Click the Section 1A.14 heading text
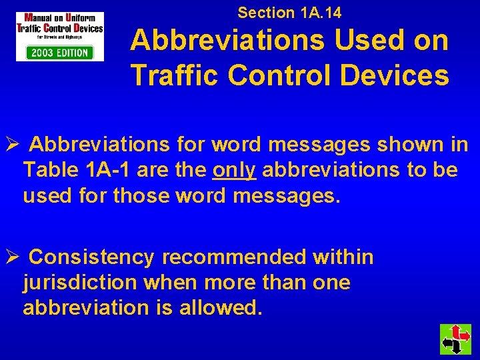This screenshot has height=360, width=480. pos(289,12)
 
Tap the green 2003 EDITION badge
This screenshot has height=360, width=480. pos(60,53)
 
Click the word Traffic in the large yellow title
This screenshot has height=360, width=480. pos(174,75)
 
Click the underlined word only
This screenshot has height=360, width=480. pos(234,170)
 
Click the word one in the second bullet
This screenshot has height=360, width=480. pos(331,283)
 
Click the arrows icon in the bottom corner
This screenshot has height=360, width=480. pos(455,339)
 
